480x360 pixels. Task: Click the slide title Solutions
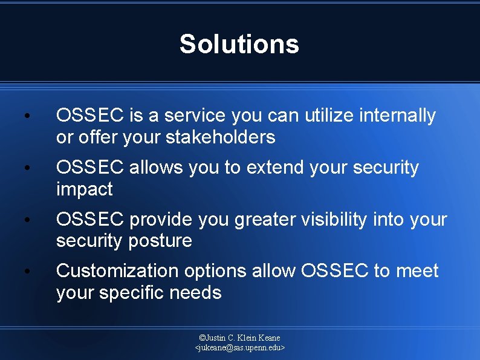[x=239, y=44]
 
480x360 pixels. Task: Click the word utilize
[x=326, y=115]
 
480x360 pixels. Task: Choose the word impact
[x=84, y=189]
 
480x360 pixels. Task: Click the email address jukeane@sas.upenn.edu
[x=239, y=348]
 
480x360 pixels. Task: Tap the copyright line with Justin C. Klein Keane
[x=239, y=338]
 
